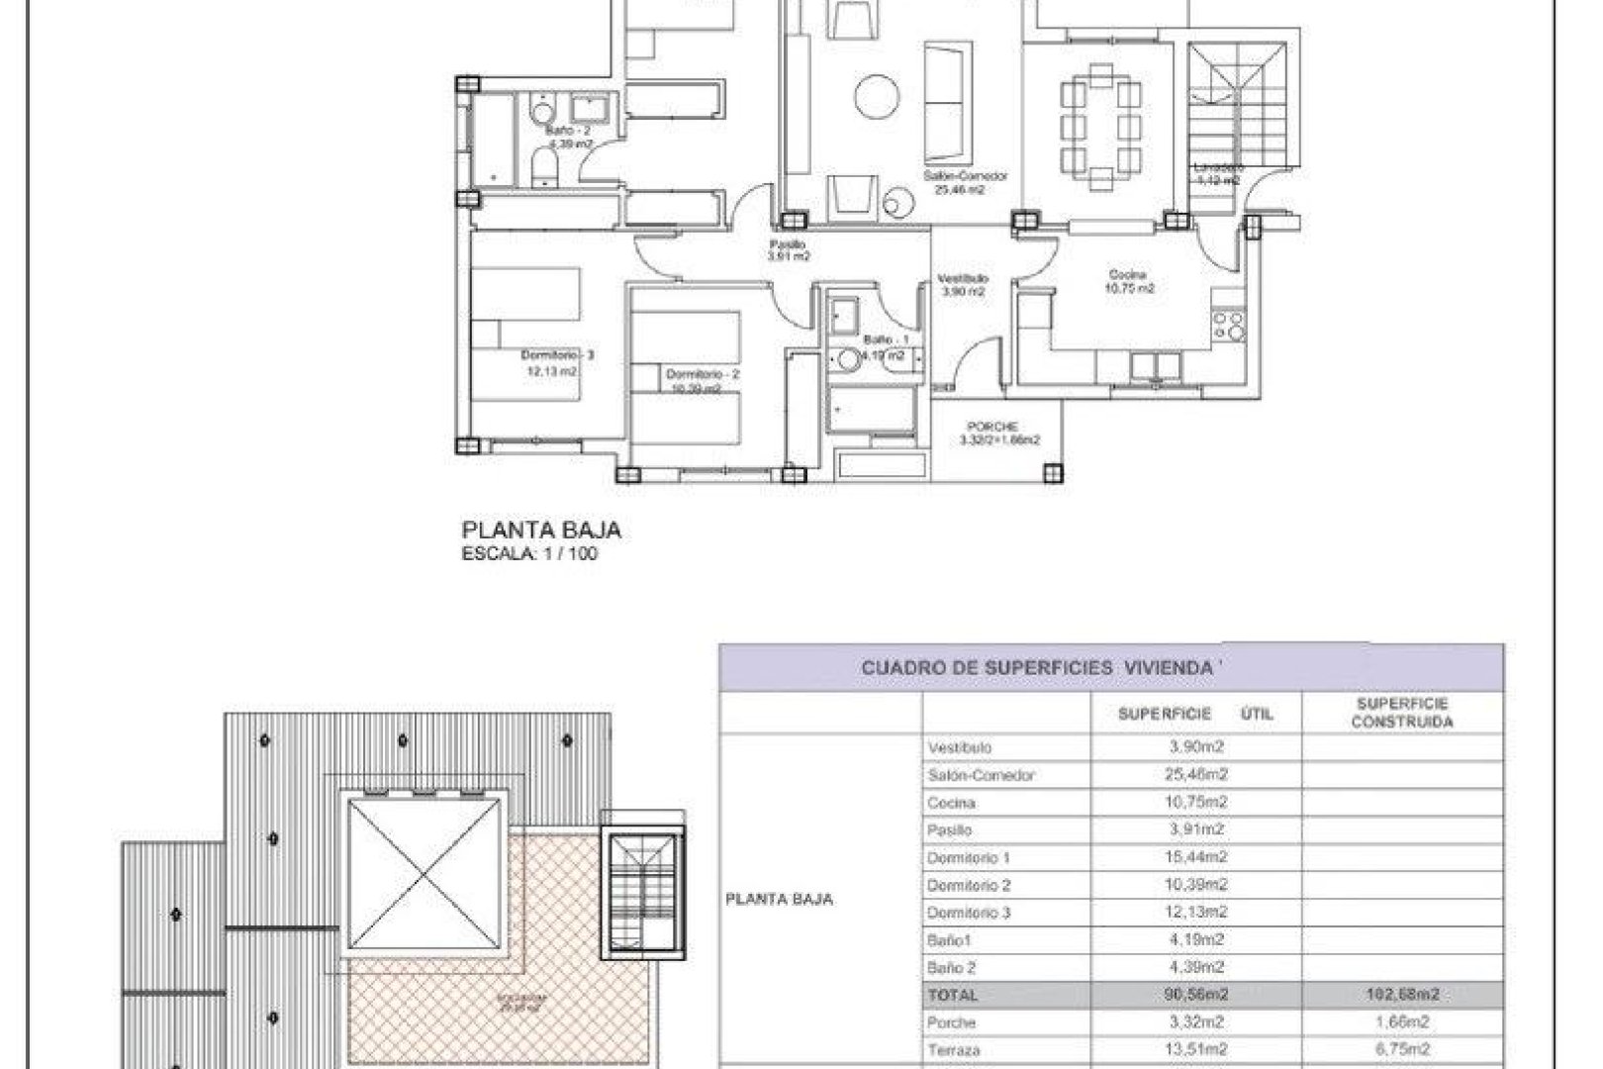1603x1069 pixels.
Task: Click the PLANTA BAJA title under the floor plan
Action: [x=541, y=532]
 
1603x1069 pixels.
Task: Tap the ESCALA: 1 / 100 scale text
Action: [x=529, y=554]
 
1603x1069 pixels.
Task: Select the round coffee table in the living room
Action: [x=878, y=97]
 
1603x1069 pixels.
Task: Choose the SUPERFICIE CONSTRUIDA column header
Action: [x=1402, y=713]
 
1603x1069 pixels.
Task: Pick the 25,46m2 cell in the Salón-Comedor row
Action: [x=1197, y=775]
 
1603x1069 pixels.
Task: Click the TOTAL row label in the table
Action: [x=953, y=995]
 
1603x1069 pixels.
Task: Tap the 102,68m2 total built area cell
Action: [x=1402, y=995]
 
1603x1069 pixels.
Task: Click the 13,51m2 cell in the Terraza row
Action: [x=1197, y=1049]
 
